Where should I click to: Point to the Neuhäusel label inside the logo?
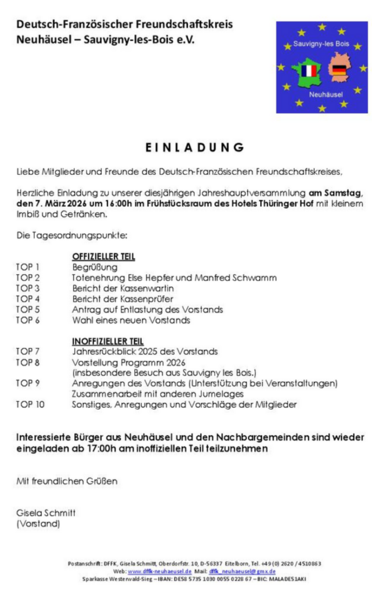click(326, 94)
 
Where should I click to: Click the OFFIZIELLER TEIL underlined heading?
click(103, 257)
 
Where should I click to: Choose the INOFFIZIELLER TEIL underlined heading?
click(107, 341)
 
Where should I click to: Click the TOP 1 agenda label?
click(27, 267)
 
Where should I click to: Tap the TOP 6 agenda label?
click(27, 320)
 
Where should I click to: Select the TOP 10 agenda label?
click(30, 404)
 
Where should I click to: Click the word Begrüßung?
click(95, 267)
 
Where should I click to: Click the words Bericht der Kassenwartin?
click(123, 288)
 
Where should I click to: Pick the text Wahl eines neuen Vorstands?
click(131, 320)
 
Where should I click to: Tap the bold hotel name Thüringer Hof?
click(280, 203)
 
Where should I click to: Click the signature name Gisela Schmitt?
click(46, 513)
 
